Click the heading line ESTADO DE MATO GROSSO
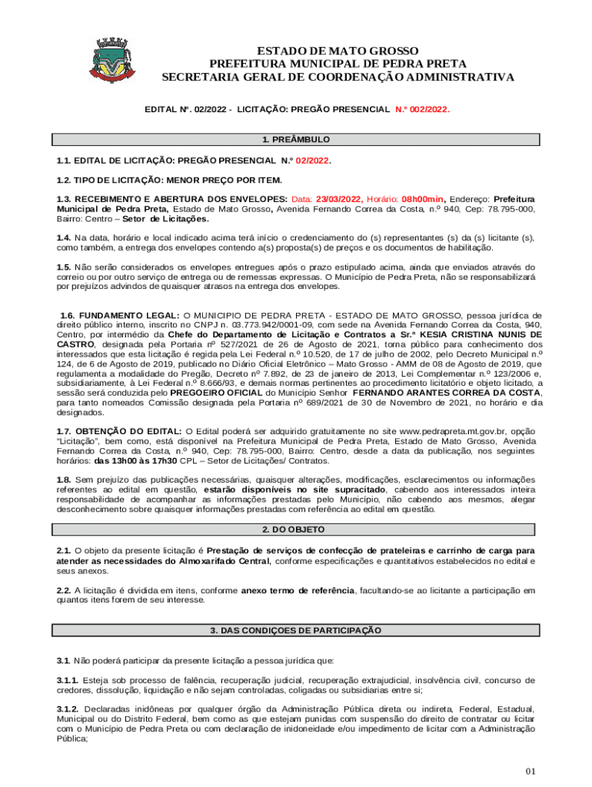(x=338, y=50)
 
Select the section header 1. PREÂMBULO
(x=295, y=140)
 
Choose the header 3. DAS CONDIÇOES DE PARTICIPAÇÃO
(x=295, y=630)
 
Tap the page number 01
(x=530, y=771)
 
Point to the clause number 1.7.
(x=64, y=431)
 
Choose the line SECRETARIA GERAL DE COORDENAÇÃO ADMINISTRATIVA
(x=338, y=78)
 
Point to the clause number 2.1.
(x=64, y=551)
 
